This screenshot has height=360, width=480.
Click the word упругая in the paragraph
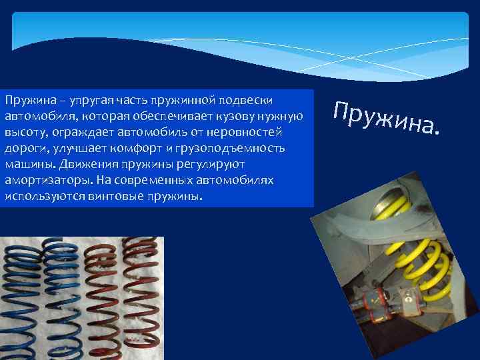click(x=73, y=101)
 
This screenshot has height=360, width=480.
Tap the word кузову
click(x=229, y=117)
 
